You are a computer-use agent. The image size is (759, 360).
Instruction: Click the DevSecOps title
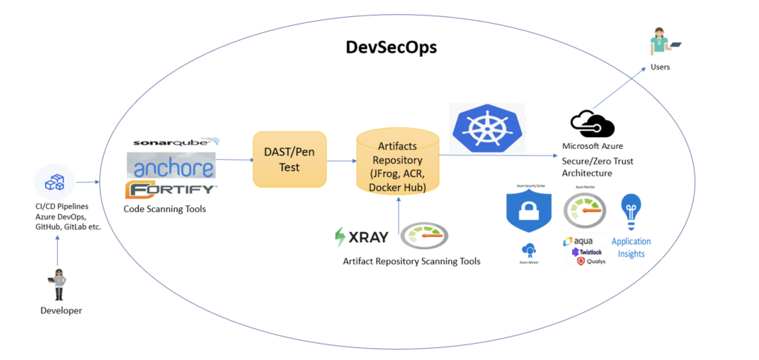coord(391,48)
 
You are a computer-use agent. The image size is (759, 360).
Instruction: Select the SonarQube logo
coord(176,142)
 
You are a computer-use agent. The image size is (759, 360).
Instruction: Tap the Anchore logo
coord(171,165)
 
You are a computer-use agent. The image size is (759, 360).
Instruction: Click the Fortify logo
coord(171,190)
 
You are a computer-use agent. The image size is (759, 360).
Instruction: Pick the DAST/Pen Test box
coord(289,159)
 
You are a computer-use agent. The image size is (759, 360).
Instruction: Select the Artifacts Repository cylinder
coord(397,160)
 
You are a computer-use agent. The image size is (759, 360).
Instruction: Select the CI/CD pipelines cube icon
coord(56,181)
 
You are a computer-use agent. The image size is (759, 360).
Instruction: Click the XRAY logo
coord(361,238)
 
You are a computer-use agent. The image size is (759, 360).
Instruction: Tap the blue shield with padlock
coord(528,212)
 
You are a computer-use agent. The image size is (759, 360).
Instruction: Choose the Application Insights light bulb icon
coord(631,210)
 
